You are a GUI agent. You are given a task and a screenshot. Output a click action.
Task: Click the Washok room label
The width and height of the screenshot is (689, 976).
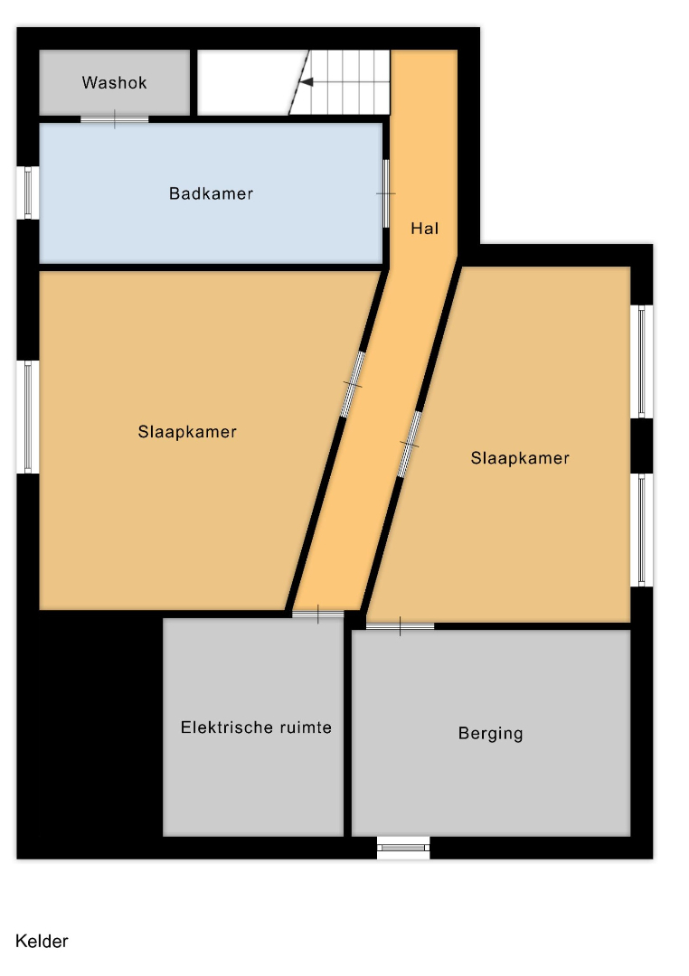(114, 83)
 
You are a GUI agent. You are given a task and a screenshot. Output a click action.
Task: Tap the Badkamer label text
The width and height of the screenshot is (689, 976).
(211, 193)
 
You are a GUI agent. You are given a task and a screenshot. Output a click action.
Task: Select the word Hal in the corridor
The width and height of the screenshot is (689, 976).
(424, 229)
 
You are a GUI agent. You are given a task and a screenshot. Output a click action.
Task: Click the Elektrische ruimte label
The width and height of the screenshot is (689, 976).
(256, 727)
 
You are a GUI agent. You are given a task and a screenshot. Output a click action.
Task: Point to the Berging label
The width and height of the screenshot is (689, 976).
(490, 733)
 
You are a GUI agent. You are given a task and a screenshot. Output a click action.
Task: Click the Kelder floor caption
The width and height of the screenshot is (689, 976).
(42, 941)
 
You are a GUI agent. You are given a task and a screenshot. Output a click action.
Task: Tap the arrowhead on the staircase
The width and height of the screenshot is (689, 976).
(307, 82)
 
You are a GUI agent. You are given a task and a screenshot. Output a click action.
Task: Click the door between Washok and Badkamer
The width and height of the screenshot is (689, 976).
(115, 119)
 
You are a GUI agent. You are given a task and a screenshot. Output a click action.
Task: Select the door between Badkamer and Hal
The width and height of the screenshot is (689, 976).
(386, 193)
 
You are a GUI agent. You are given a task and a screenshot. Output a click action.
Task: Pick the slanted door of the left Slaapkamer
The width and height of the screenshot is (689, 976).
(353, 385)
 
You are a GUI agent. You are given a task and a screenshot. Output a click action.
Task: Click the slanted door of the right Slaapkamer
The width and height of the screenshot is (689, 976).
(410, 445)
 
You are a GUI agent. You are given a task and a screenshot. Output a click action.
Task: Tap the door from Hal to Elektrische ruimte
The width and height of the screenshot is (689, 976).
(317, 615)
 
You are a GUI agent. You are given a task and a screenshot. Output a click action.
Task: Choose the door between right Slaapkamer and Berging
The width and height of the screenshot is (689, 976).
(400, 625)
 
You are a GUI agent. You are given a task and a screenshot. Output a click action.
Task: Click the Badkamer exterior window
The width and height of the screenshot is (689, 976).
(28, 193)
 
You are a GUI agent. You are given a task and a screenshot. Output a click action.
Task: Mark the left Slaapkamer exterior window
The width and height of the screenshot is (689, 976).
(28, 417)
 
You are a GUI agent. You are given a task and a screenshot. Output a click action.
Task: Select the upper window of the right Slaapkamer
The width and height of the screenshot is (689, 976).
(642, 361)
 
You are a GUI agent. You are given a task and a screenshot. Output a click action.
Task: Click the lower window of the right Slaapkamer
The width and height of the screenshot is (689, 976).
(642, 530)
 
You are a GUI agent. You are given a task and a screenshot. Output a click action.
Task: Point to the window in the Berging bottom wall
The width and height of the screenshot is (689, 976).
(403, 847)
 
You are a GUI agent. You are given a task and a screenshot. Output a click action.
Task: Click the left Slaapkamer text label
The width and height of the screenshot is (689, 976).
(187, 431)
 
